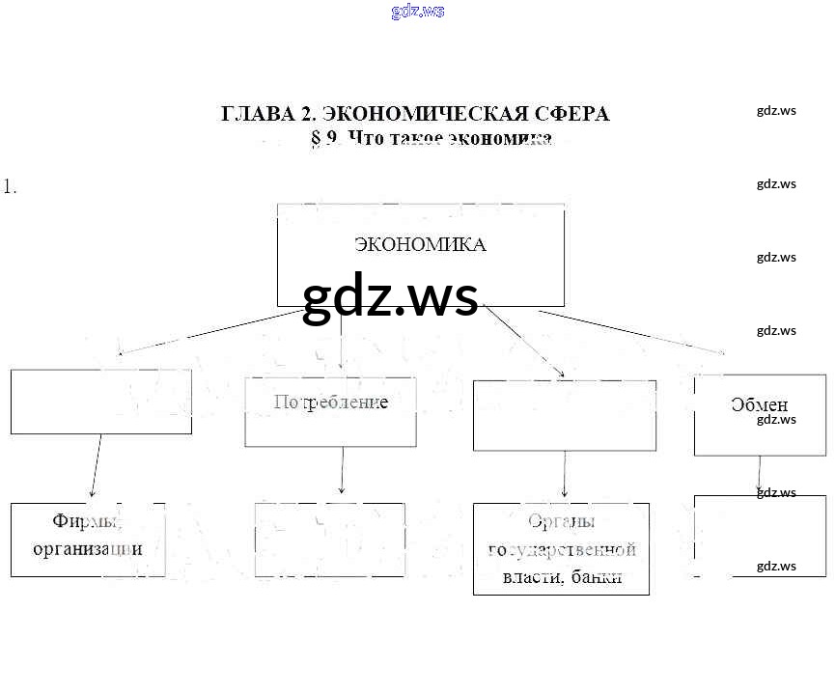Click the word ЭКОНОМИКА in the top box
420,245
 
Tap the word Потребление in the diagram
331,403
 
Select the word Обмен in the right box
760,405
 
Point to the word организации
88,549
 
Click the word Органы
561,522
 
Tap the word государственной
562,550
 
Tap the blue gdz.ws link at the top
417,12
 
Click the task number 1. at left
10,187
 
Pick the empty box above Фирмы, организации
100,402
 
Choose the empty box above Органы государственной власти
564,415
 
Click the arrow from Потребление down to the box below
342,473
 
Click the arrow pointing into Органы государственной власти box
564,475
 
